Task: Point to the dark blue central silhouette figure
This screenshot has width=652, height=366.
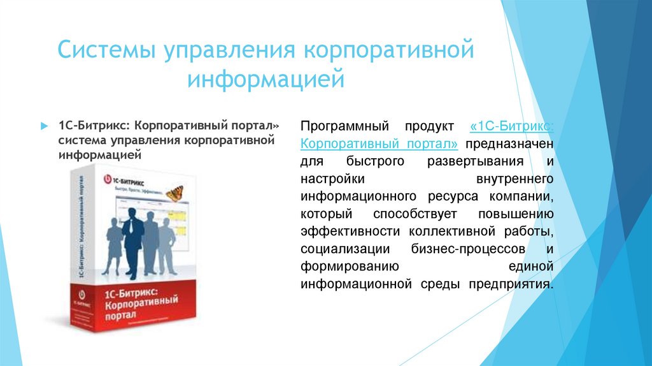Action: [133, 236]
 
